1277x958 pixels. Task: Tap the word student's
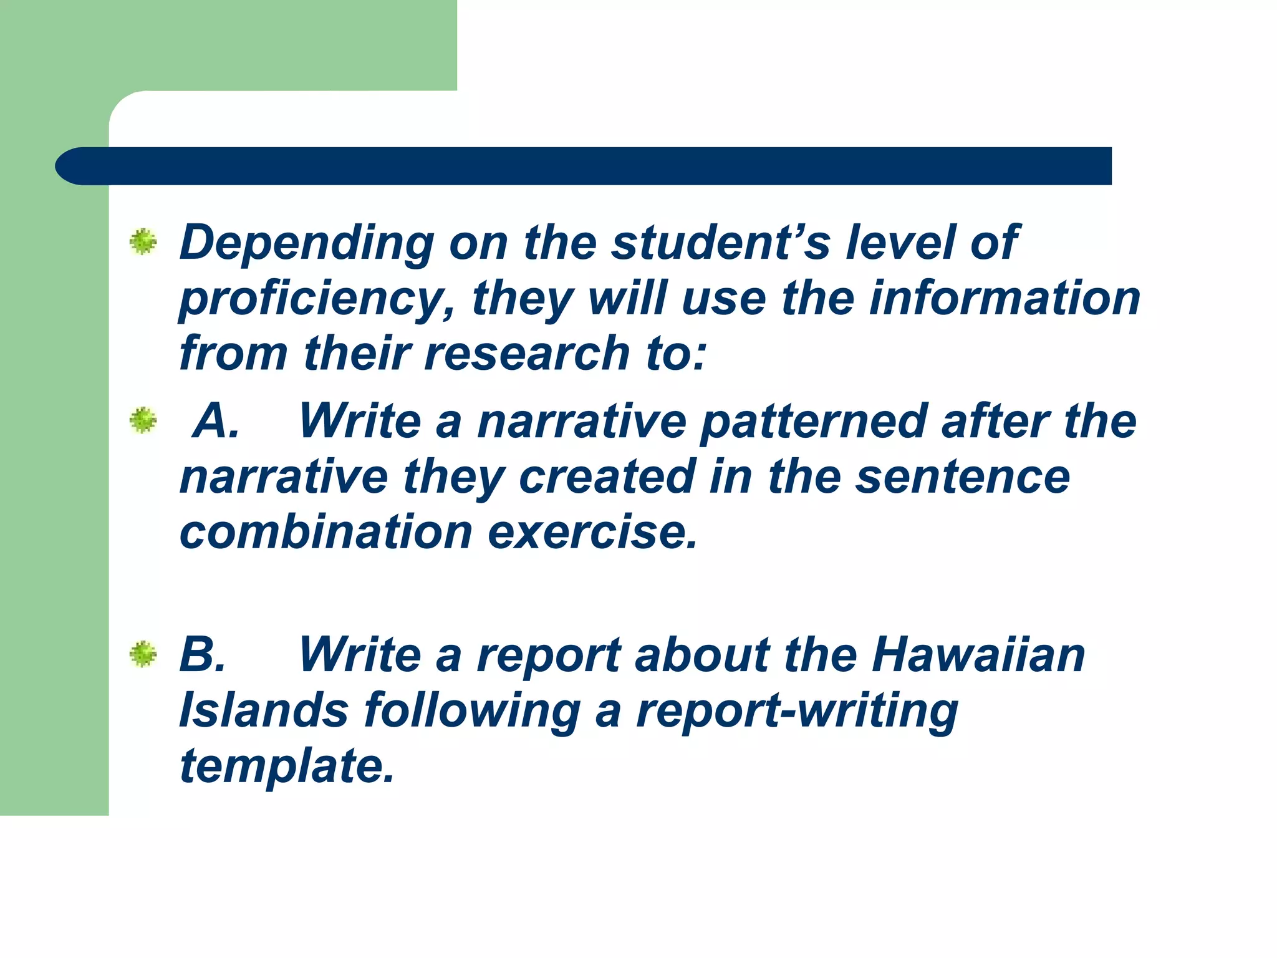point(720,243)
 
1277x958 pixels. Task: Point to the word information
point(1005,298)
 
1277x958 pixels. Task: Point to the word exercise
point(592,533)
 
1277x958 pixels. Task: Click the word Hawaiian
point(978,655)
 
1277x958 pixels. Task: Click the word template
point(287,767)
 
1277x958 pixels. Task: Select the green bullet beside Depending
point(143,242)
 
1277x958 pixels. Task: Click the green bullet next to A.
point(143,421)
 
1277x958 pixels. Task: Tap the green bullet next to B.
point(143,654)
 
